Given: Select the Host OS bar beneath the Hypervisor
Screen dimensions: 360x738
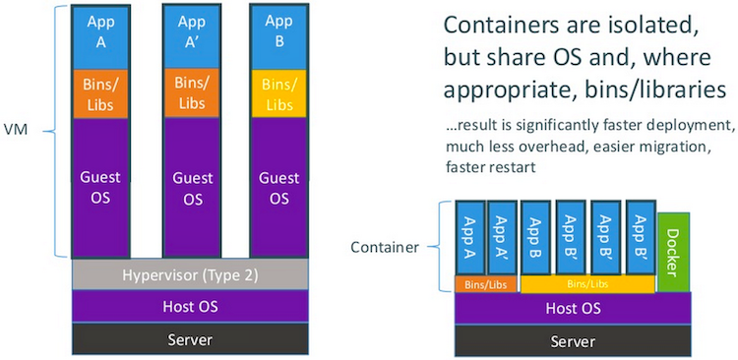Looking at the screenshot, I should (189, 307).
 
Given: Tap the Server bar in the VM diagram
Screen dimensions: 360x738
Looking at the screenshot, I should (189, 339).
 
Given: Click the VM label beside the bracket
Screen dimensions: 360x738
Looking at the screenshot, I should (17, 130).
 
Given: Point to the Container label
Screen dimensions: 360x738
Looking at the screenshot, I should (385, 246).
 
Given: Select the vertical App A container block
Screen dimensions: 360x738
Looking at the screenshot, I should (469, 237).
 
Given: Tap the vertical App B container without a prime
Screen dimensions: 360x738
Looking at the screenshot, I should (536, 237).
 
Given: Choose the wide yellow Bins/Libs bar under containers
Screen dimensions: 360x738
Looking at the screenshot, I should (586, 283).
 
